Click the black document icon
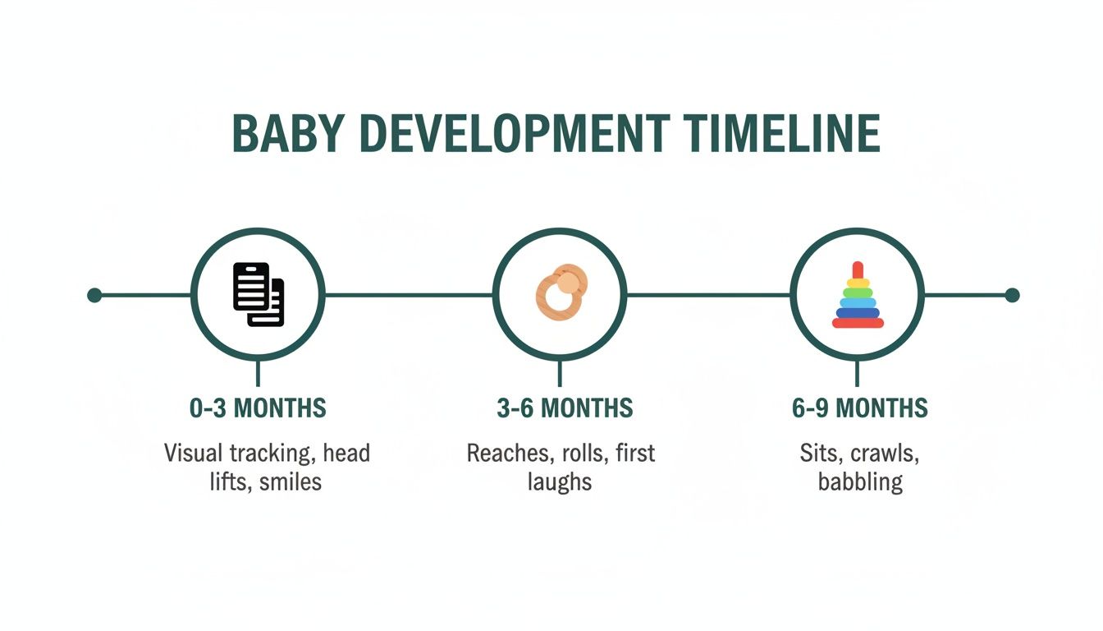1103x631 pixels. click(258, 293)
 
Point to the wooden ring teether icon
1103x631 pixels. click(560, 292)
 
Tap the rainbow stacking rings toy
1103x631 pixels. click(858, 296)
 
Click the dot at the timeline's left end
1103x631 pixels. click(94, 295)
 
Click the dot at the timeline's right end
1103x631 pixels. click(1012, 295)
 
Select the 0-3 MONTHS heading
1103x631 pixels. click(258, 408)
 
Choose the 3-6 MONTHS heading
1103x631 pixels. click(565, 408)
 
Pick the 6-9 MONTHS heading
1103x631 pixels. click(859, 408)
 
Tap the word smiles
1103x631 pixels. click(291, 481)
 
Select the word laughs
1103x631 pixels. click(560, 481)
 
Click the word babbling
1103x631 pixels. click(860, 481)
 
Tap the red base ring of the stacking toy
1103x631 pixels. click(858, 323)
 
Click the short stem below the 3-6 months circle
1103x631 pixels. click(560, 374)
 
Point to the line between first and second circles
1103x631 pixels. click(409, 295)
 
